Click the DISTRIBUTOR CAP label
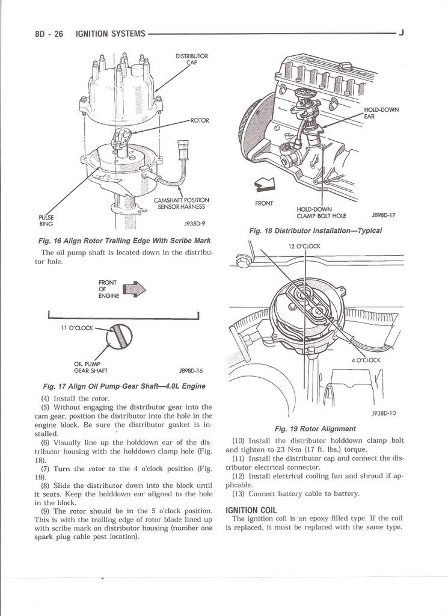point(191,60)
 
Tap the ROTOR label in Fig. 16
point(200,120)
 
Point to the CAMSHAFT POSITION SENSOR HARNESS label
point(181,203)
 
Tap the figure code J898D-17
point(383,215)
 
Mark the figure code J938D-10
point(384,413)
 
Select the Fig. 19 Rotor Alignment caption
point(315,429)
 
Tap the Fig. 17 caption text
point(124,386)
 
